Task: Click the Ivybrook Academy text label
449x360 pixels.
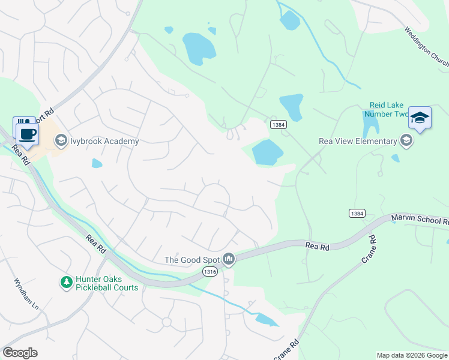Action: point(104,142)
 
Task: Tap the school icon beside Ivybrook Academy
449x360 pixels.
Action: point(61,141)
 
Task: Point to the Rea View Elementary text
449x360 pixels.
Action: point(357,142)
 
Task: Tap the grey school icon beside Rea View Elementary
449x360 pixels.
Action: point(406,141)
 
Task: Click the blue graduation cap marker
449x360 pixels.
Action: point(420,118)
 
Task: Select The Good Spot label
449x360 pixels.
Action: point(192,260)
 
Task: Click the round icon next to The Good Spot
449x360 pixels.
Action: point(228,259)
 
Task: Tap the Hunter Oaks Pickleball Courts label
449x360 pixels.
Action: point(106,283)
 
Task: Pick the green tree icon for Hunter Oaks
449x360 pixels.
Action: point(65,281)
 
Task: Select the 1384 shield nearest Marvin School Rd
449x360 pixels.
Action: point(357,213)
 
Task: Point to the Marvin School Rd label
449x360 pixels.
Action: point(420,220)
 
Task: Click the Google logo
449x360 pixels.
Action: point(20,353)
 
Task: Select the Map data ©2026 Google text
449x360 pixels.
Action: point(412,355)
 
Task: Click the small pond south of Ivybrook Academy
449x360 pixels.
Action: point(97,163)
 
